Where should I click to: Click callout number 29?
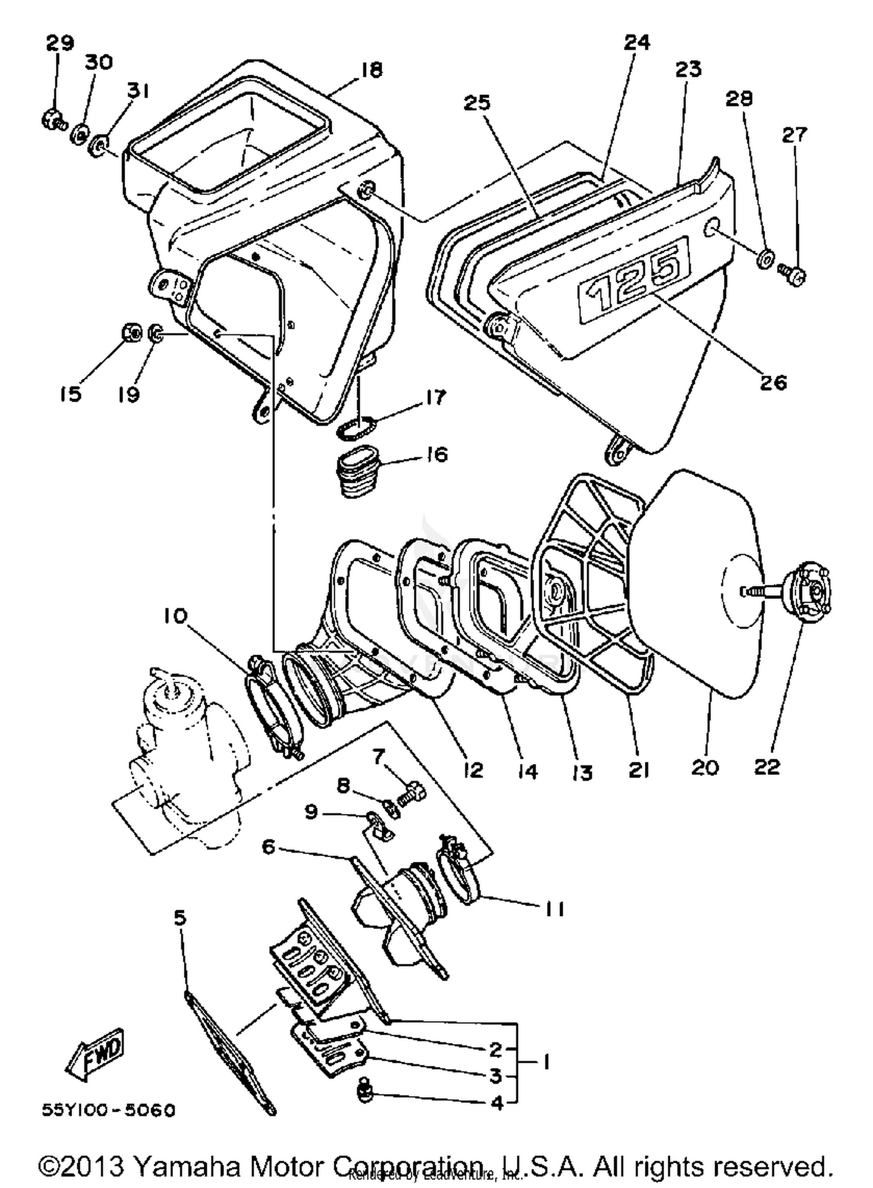60,44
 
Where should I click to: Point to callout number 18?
371,70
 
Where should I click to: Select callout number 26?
773,383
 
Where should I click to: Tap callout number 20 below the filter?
705,768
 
